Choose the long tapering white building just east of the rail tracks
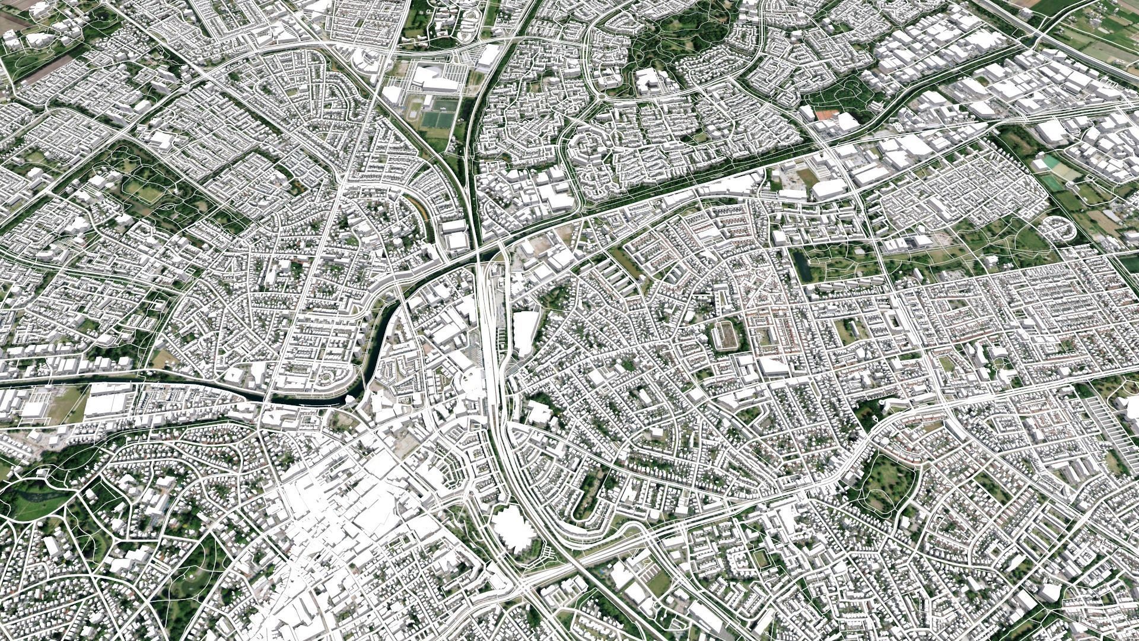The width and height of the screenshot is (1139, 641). (x=525, y=332)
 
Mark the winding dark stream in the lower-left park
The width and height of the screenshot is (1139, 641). (x=36, y=493)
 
